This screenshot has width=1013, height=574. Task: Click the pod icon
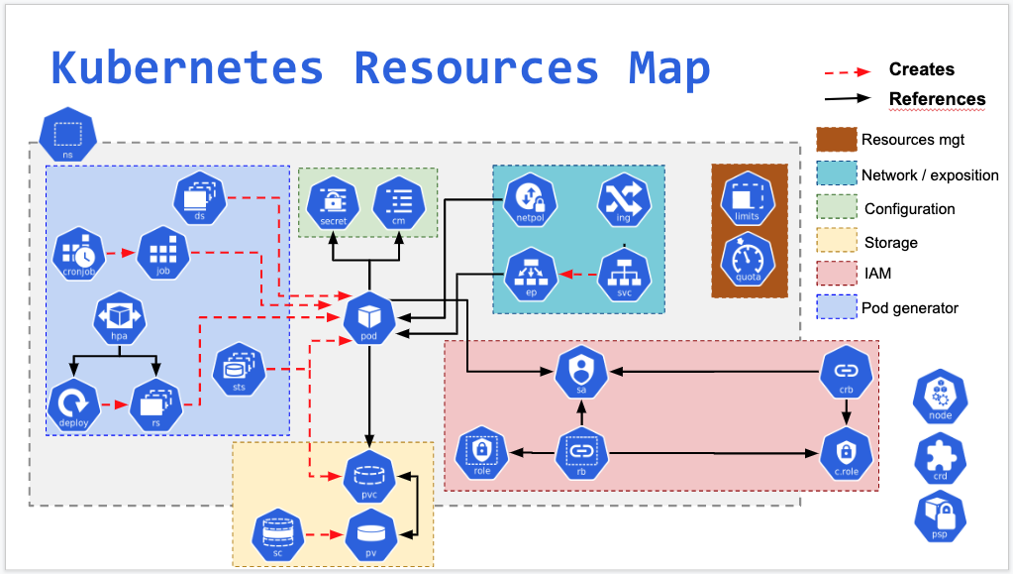[369, 317]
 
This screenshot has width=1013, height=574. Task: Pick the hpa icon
[120, 318]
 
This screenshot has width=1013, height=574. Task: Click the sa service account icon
[580, 372]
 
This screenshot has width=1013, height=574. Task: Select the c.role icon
[847, 454]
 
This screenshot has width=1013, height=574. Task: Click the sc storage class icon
[276, 533]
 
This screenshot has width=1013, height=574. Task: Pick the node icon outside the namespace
[939, 397]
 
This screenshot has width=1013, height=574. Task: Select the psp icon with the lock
[939, 517]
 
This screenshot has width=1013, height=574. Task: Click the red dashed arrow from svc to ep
[575, 273]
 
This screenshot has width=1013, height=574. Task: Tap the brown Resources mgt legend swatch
[835, 140]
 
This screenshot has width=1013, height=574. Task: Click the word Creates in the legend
[921, 69]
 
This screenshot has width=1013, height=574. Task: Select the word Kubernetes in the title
[187, 68]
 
